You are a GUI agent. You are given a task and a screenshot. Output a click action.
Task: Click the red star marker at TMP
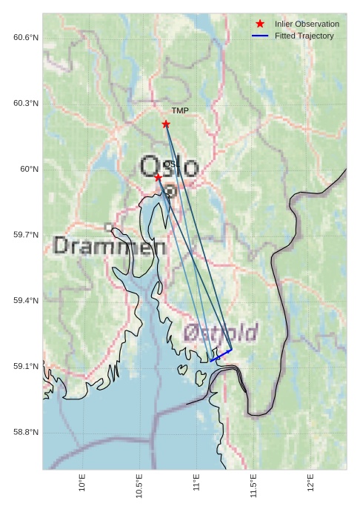coord(166,124)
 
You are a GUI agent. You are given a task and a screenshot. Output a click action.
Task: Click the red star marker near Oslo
coord(158,176)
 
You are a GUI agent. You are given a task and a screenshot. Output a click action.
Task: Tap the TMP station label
coord(180,111)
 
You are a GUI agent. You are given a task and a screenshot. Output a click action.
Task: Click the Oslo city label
coord(170,167)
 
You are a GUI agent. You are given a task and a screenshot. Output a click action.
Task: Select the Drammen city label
coord(110,247)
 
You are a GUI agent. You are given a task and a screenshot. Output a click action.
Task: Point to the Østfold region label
coord(221,332)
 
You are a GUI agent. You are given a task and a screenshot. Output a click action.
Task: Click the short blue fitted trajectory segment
coord(221,355)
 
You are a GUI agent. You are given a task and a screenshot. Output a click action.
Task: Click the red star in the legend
coord(259,24)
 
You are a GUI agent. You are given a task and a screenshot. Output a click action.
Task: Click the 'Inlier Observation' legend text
coord(307,24)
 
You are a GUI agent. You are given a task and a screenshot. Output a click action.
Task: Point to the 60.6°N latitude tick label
coord(26,37)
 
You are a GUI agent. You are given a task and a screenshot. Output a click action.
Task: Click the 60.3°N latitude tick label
coord(26,103)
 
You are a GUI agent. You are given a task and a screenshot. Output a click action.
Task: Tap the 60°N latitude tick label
coord(30,169)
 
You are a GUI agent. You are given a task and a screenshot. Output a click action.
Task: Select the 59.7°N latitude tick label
coord(26,235)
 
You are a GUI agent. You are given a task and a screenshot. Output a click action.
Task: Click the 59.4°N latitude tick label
coord(26,301)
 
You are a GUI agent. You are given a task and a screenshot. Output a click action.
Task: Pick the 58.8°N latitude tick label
coord(26,433)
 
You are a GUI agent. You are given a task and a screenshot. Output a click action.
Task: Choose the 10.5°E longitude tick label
coord(139,485)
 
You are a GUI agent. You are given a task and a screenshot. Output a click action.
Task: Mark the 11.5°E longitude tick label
coord(253,485)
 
